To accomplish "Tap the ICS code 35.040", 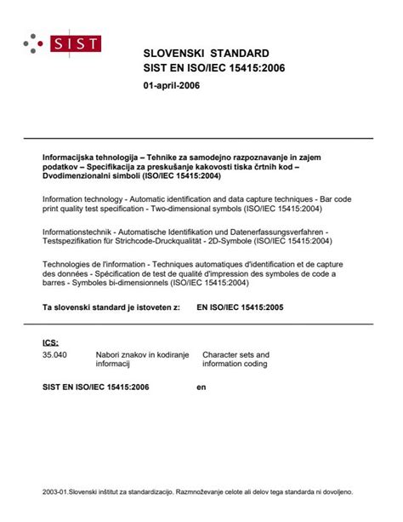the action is [54, 354].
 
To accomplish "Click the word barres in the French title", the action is [56, 284].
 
